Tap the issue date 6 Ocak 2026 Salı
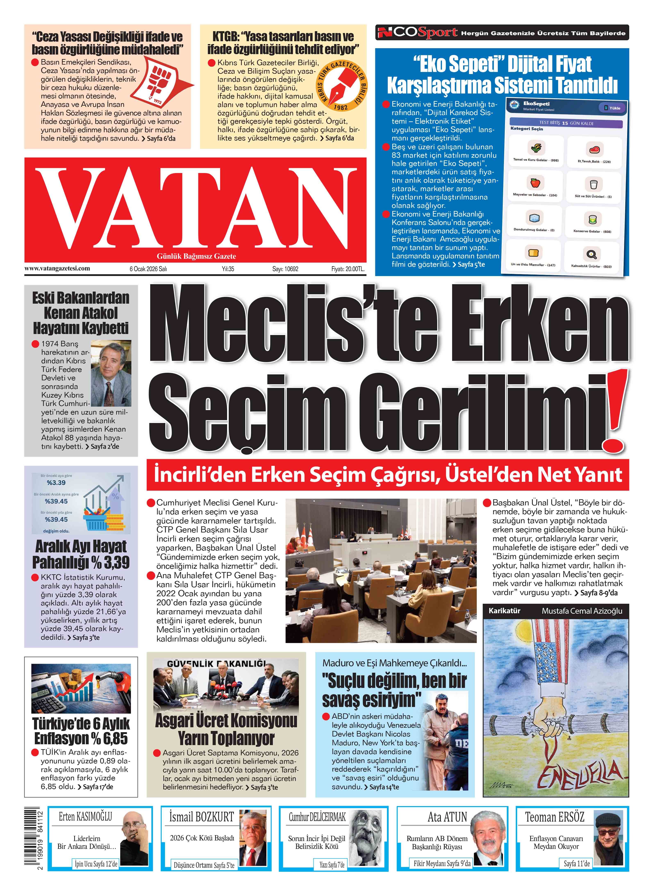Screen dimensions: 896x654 [148, 269]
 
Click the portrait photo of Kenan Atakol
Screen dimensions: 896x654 [111, 368]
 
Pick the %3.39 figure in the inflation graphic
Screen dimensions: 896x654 [56, 483]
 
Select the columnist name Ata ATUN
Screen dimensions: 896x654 [447, 817]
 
